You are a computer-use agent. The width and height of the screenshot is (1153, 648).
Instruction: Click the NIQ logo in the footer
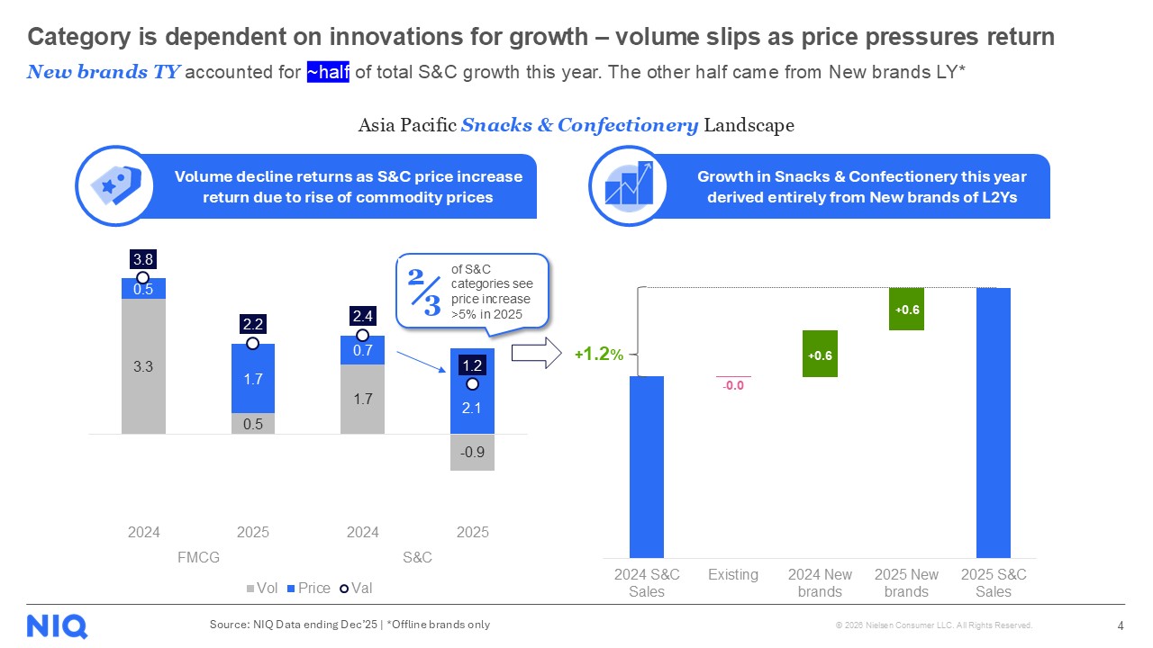pos(57,625)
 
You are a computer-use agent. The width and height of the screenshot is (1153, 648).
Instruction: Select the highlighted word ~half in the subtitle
pos(328,73)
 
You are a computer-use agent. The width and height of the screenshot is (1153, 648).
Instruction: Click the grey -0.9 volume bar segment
pos(472,453)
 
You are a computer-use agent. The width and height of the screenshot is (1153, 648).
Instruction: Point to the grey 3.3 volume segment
pos(143,366)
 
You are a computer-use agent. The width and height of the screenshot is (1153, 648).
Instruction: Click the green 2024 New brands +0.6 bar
pos(820,354)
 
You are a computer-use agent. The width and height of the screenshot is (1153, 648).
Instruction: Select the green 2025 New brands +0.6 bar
pos(906,309)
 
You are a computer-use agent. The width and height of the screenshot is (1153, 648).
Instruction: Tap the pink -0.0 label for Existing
pos(732,386)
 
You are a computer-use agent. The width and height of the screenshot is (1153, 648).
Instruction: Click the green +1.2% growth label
pos(598,355)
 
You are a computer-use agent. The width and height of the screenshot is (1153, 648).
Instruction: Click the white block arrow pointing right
pos(537,354)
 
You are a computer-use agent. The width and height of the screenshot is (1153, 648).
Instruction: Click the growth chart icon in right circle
pos(628,186)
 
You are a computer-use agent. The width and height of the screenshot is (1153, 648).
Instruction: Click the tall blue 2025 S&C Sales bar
pos(993,423)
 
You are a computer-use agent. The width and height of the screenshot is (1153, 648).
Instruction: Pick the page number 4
pos(1120,625)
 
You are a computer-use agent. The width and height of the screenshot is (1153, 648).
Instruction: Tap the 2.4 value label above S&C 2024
pos(362,316)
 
